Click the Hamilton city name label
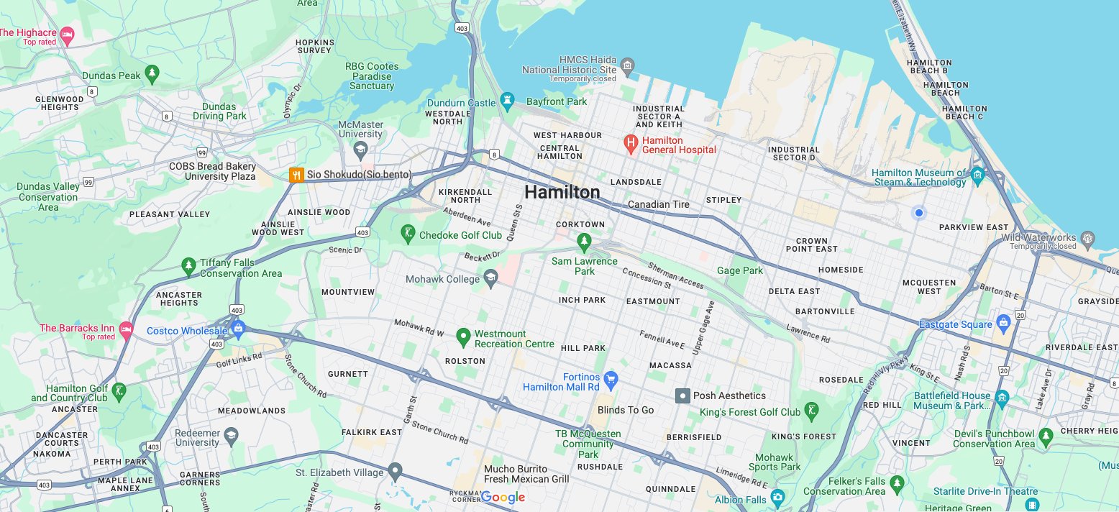[x=562, y=192]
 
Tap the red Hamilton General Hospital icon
[x=631, y=145]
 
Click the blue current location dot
[x=918, y=213]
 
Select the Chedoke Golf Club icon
[x=408, y=234]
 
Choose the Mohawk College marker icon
[x=490, y=279]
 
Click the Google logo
[x=503, y=497]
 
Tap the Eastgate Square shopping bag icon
[x=1003, y=324]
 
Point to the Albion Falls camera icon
[x=777, y=498]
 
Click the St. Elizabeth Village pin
[x=395, y=472]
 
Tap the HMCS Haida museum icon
[x=627, y=68]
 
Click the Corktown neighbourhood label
[x=580, y=224]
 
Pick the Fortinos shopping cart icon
[x=611, y=378]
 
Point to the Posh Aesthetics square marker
[x=682, y=396]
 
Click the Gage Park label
[x=740, y=270]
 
